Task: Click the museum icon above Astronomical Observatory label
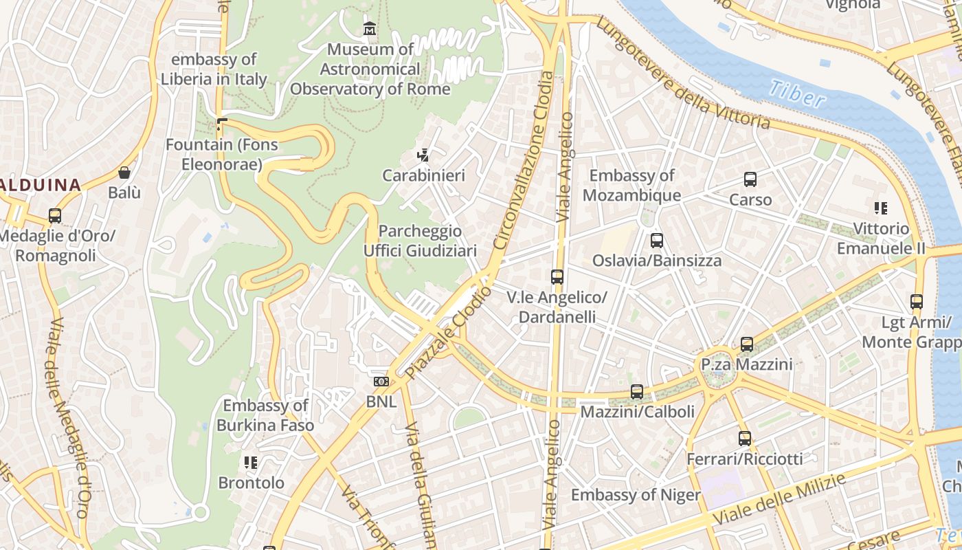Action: (370, 29)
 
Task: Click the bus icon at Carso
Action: (750, 179)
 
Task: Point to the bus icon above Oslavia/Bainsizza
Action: (657, 241)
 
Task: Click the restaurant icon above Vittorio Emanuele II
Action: (880, 208)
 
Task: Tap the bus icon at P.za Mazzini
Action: (747, 344)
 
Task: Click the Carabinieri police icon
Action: (424, 155)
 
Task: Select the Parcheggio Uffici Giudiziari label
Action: (420, 241)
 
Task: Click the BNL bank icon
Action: (381, 382)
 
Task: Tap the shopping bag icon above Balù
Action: (124, 173)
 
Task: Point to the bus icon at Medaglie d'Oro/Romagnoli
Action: (55, 216)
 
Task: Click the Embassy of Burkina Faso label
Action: (265, 415)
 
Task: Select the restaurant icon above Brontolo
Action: (251, 463)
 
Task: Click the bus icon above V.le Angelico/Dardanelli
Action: (557, 277)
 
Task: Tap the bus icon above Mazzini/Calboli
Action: (637, 392)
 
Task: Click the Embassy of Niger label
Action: (636, 495)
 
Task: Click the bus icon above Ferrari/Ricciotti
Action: (745, 438)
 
